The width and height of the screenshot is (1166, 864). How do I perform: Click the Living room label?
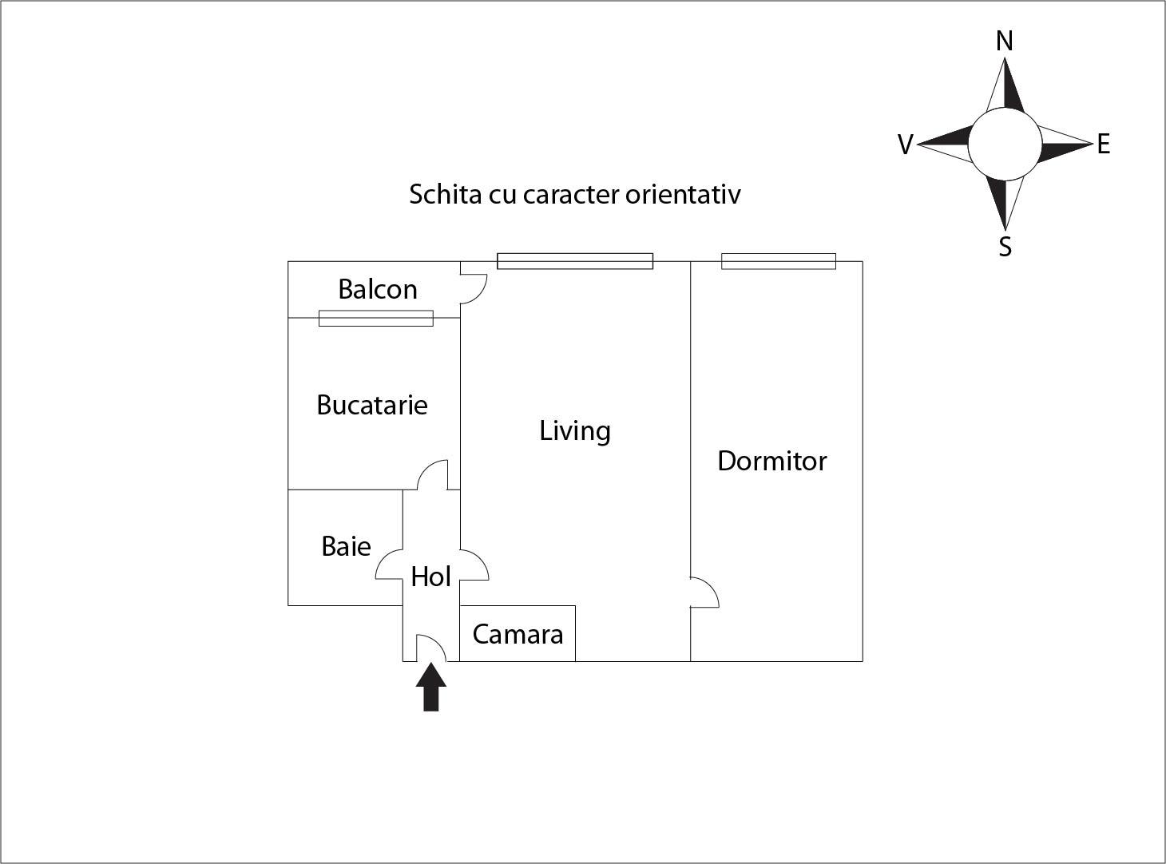click(575, 431)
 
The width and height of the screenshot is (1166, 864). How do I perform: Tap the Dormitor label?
click(771, 461)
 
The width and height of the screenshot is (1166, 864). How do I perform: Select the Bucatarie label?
click(372, 405)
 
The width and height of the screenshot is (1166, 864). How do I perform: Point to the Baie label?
click(346, 546)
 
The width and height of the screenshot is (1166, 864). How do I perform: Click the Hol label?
click(430, 577)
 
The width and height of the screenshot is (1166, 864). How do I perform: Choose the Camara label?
click(518, 634)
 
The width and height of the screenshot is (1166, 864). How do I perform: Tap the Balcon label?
click(378, 289)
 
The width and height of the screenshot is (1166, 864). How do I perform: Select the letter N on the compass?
click(1005, 41)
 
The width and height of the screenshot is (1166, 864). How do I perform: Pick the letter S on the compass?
click(1005, 247)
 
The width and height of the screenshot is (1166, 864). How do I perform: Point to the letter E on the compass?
click(1104, 145)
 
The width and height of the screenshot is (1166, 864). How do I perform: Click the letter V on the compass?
click(905, 145)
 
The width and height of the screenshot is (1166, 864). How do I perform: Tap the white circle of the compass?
click(1005, 145)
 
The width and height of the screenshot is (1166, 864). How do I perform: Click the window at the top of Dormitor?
click(779, 261)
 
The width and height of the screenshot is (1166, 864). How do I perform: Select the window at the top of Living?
click(575, 261)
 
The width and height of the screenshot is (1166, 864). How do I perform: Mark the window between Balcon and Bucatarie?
click(376, 318)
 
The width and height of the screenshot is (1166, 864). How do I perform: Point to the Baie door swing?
click(390, 565)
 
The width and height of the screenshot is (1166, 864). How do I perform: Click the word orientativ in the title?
click(683, 194)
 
